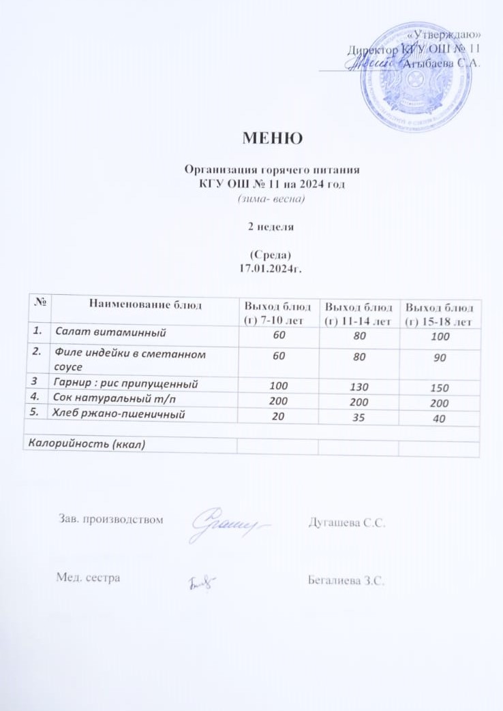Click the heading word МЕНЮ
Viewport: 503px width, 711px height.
[271, 139]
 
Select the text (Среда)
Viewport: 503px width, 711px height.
[271, 255]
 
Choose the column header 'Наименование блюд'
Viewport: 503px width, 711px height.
[142, 304]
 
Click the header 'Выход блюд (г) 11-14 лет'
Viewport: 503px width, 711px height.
[358, 312]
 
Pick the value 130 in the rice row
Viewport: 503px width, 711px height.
[359, 388]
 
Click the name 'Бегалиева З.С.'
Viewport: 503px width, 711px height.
[348, 580]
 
